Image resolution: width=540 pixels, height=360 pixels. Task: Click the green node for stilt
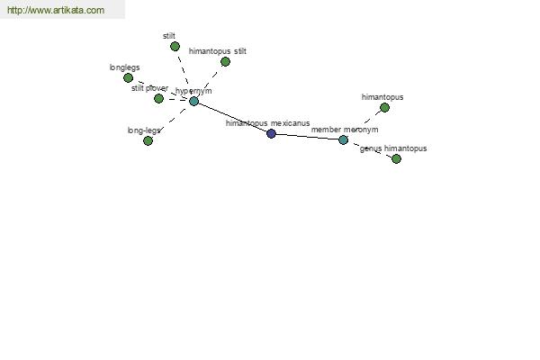175,46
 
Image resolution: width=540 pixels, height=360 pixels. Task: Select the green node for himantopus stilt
225,62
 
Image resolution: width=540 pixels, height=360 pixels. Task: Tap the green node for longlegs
128,78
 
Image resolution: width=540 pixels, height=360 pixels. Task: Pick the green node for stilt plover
158,98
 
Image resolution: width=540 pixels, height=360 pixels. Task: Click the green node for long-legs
148,140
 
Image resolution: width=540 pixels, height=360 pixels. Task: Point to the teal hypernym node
193,101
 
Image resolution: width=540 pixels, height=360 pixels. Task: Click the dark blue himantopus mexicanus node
272,134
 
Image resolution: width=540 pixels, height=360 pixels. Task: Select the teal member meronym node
344,139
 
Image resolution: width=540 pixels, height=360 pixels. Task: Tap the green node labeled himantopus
384,108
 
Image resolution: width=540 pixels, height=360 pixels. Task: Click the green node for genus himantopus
396,158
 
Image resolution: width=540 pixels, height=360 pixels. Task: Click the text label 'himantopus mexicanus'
267,123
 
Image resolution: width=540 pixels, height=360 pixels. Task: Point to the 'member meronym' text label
345,130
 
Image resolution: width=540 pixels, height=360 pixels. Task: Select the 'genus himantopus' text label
393,148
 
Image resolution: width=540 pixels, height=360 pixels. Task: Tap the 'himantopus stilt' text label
218,51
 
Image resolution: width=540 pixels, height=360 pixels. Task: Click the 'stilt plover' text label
149,88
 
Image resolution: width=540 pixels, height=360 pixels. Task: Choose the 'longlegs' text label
125,67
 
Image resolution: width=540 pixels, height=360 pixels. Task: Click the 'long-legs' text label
144,130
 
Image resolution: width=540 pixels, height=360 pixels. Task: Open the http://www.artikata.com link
56,10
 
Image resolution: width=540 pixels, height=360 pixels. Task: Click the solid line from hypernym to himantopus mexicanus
232,118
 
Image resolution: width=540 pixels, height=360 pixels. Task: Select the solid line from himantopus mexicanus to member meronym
307,137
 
